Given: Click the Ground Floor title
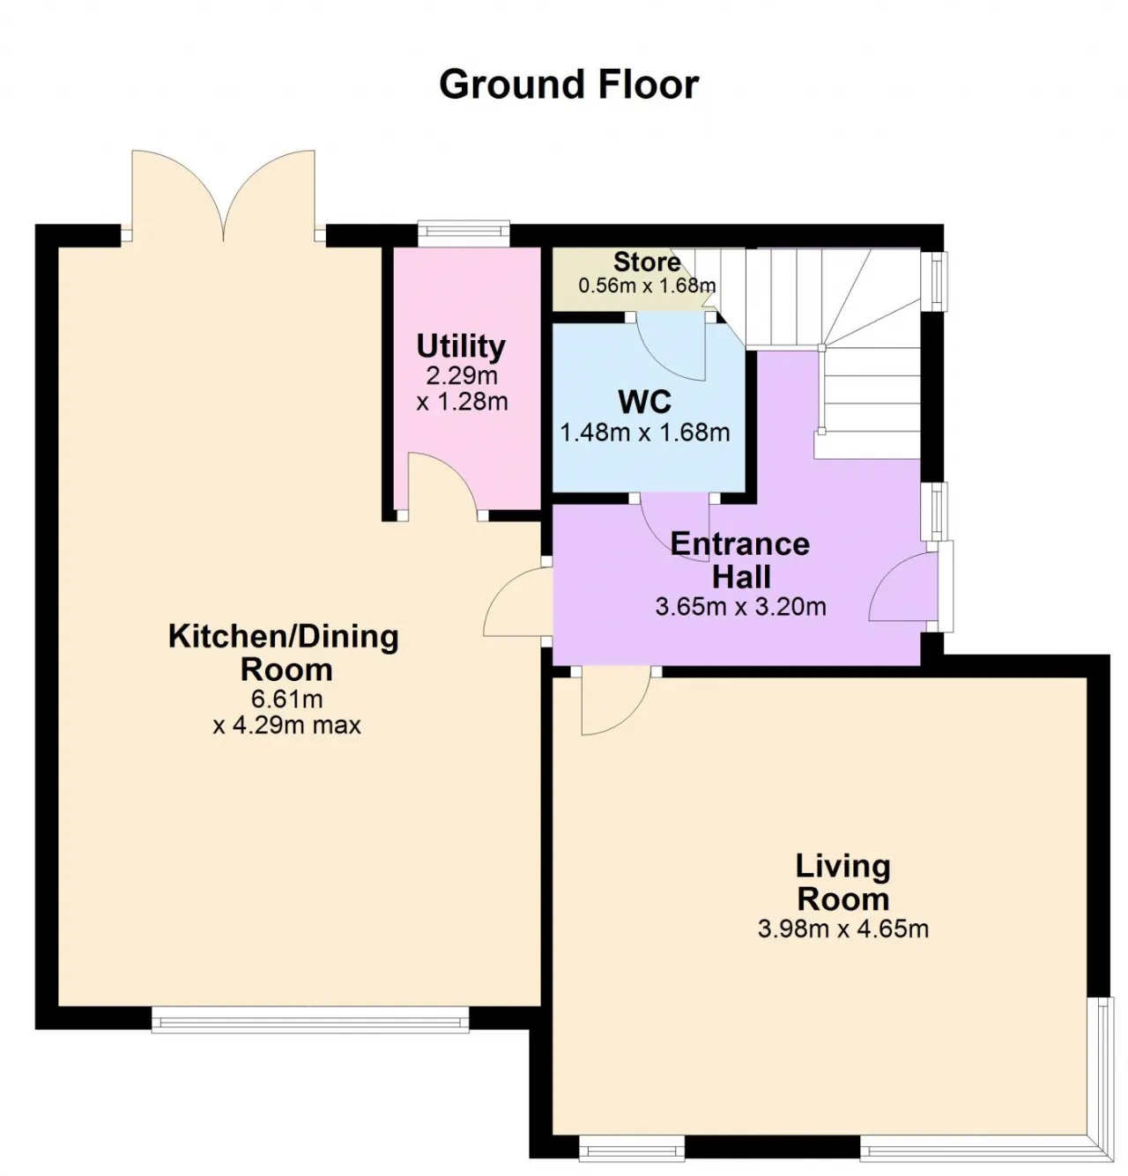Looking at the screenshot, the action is (568, 85).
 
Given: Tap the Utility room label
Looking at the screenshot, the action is (461, 345).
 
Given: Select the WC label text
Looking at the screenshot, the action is (644, 402).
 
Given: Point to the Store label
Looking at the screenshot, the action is (647, 262).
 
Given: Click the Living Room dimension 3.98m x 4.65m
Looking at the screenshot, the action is (843, 928).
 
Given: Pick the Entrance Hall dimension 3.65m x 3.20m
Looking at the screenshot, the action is (740, 606).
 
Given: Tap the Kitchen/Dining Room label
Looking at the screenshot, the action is (284, 653).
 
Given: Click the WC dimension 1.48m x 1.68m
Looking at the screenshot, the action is (645, 433).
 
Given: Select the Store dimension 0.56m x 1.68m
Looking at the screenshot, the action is (647, 285).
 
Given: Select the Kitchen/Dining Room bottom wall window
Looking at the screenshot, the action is (310, 1021).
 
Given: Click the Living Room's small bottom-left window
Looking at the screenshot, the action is (632, 1148).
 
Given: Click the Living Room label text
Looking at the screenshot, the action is (843, 883).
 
